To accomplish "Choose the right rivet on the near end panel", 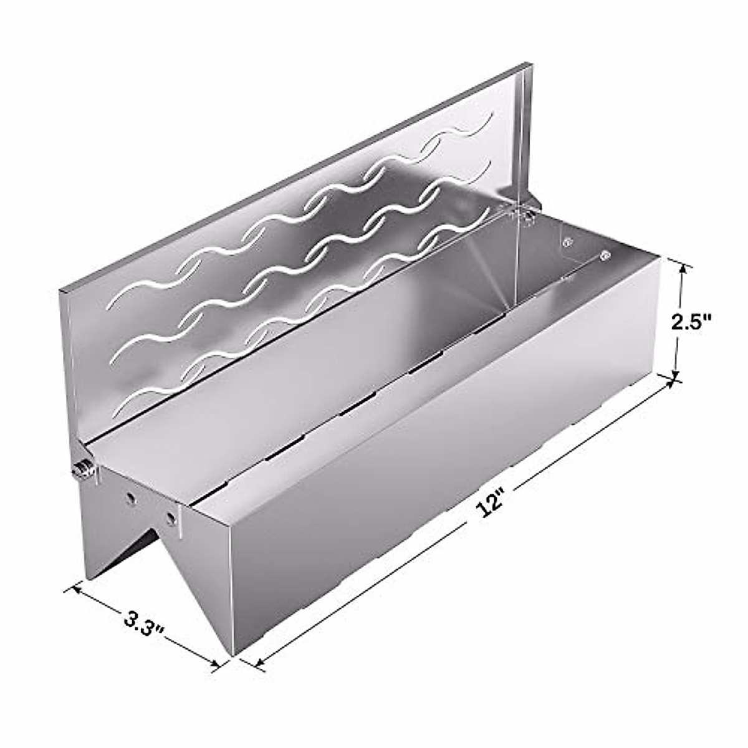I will pyautogui.click(x=169, y=517).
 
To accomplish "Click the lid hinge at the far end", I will pyautogui.click(x=527, y=214).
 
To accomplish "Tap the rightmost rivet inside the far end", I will pyautogui.click(x=603, y=254).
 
